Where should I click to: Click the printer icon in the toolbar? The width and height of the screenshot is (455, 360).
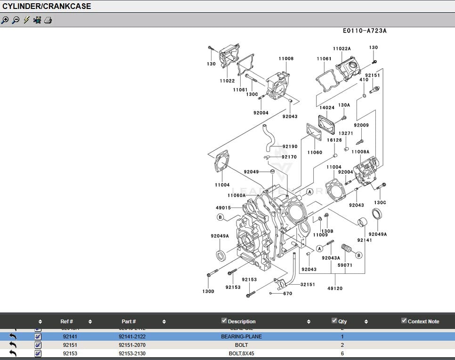[x=48, y=20]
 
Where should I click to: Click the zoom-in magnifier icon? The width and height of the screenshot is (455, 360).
[x=5, y=20]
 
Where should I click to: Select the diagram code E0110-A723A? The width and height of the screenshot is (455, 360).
[x=365, y=31]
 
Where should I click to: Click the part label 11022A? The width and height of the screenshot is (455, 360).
[x=341, y=49]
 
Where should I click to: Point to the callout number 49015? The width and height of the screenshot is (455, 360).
[x=223, y=208]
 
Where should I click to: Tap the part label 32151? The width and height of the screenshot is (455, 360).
[x=308, y=285]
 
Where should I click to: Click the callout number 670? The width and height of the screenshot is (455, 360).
[x=288, y=294]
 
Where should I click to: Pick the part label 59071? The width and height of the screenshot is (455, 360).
[x=344, y=265]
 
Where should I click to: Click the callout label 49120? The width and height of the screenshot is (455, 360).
[x=335, y=288]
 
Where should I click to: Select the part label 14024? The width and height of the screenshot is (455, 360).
[x=327, y=108]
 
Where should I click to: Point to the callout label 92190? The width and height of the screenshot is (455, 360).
[x=290, y=147]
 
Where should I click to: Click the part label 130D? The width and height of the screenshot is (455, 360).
[x=208, y=292]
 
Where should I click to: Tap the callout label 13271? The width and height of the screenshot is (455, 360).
[x=346, y=134]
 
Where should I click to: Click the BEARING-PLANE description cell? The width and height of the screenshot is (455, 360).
[x=241, y=337]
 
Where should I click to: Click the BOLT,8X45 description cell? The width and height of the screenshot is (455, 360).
[x=241, y=353]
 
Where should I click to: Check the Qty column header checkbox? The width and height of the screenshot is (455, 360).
[x=334, y=321]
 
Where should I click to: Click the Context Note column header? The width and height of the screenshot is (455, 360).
[x=423, y=321]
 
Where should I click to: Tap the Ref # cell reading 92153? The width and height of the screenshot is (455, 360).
[x=70, y=353]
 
